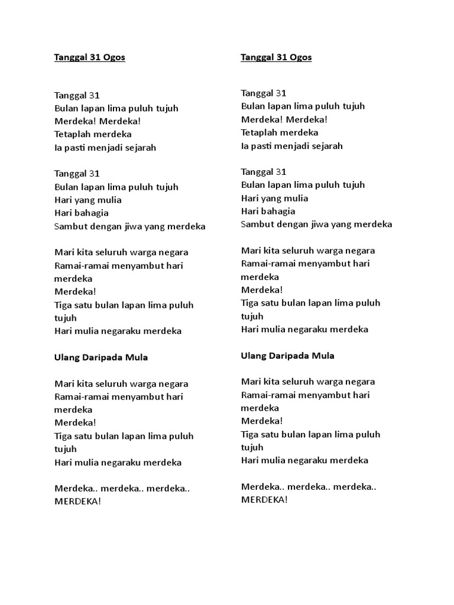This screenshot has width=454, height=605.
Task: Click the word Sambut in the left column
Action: point(70,226)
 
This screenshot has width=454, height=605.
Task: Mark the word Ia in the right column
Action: point(245,146)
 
